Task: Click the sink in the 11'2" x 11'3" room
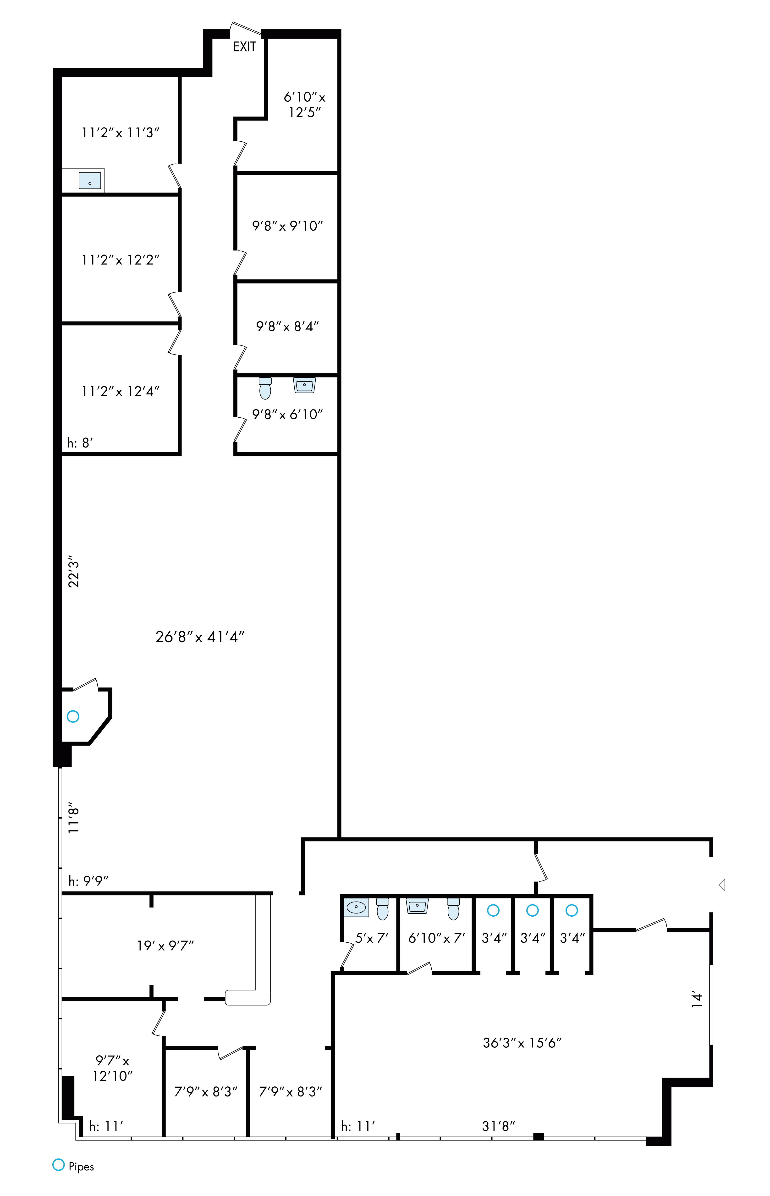pyautogui.click(x=90, y=180)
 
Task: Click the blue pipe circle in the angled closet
pyautogui.click(x=73, y=716)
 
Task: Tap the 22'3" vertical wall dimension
pyautogui.click(x=73, y=571)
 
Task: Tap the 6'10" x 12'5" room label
pyautogui.click(x=304, y=105)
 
